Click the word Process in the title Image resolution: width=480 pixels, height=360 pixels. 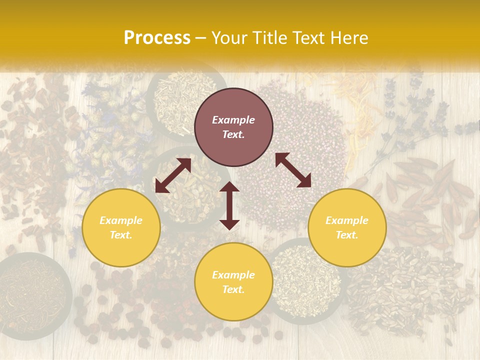(157, 38)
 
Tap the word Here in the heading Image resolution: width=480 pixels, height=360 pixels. (348, 38)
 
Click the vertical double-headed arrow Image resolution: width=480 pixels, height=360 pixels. (229, 205)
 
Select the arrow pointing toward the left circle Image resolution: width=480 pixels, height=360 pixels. (173, 175)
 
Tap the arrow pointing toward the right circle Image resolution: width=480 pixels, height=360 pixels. (293, 170)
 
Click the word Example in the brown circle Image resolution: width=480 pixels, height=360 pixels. (233, 120)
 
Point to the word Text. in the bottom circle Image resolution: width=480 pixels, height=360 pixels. (233, 289)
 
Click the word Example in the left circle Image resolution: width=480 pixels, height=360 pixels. (121, 220)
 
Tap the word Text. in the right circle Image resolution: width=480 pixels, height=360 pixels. (347, 235)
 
